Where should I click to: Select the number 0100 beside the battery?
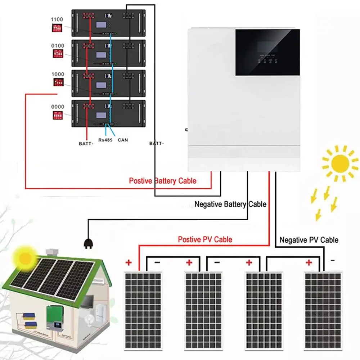[x=58, y=46]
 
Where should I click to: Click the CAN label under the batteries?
[x=122, y=140]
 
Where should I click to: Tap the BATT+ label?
[x=86, y=143]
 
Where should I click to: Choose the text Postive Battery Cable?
[x=163, y=181]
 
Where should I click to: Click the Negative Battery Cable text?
[x=230, y=204]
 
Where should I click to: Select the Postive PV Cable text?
[x=205, y=239]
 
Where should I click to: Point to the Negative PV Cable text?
[x=309, y=240]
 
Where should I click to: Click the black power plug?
[x=87, y=244]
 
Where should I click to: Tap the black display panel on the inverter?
[x=267, y=52]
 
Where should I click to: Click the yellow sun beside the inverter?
[x=340, y=163]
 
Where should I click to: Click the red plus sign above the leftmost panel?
[x=129, y=262]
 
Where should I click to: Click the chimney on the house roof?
[x=53, y=251]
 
